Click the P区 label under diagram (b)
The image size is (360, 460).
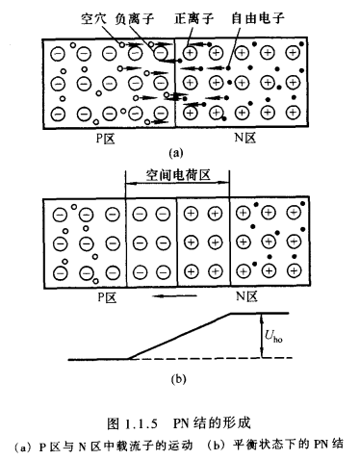104,300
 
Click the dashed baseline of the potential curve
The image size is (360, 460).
231,359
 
